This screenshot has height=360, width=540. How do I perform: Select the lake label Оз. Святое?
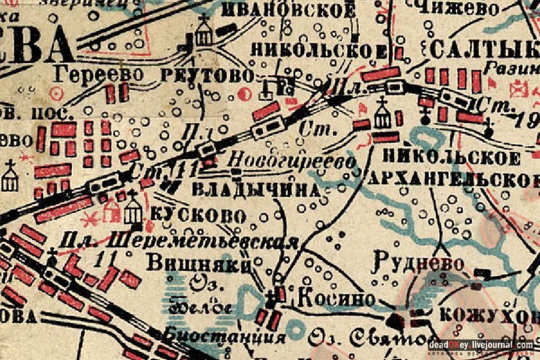(x=384, y=337)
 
